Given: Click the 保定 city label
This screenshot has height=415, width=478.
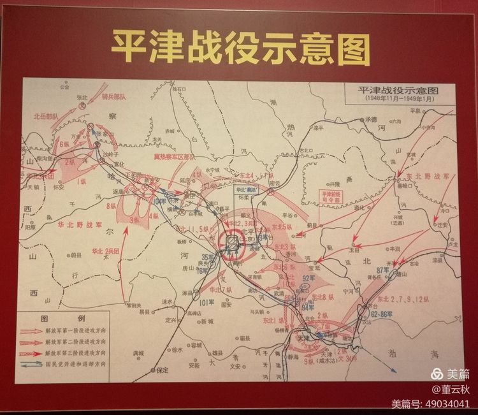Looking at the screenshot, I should click(163, 369).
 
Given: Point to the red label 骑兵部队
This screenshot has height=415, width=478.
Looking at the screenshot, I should click(115, 96).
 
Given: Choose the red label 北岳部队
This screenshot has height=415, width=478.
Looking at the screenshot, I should click(46, 117).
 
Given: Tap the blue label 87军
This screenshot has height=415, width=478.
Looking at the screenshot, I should click(383, 270).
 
